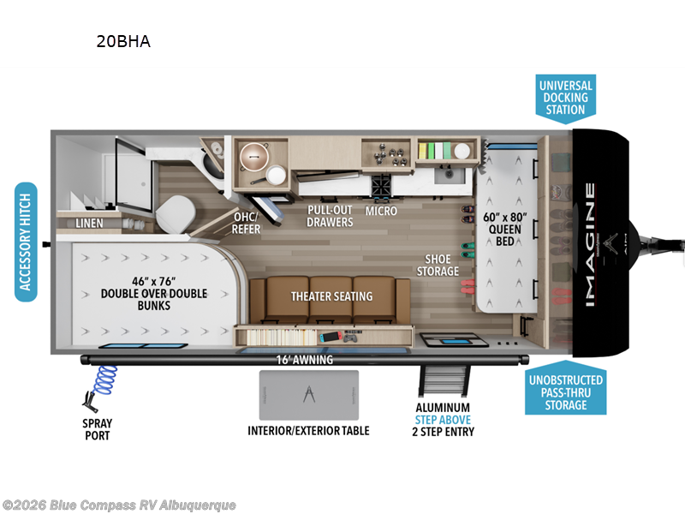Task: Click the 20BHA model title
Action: point(124,41)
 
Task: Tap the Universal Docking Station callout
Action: point(565,97)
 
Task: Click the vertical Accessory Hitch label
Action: point(27,242)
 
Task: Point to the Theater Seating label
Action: point(331,296)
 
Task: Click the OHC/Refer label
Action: point(247,223)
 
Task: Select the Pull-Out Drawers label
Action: point(330,216)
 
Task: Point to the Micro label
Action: point(380,210)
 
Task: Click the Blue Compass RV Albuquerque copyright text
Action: point(119,505)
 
